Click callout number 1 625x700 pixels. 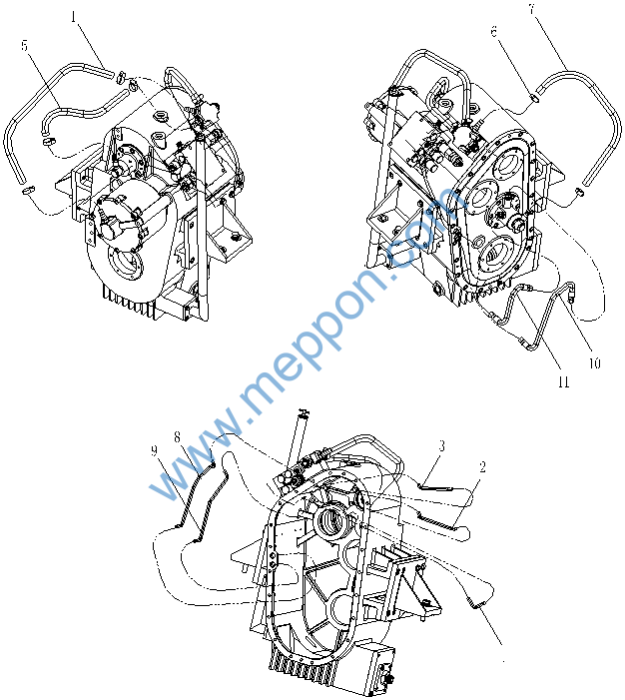coord(74,17)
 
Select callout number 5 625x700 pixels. coord(25,45)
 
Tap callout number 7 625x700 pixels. coord(532,8)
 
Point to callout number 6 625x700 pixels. coord(494,32)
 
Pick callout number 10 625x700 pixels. coord(594,363)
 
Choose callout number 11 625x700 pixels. coord(563,381)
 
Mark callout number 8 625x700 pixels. coord(178,437)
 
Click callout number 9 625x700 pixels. coord(155,451)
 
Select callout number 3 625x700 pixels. coord(441,445)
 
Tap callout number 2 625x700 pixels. coord(482,467)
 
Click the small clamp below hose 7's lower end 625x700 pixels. coord(579,192)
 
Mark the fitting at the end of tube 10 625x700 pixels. coord(571,291)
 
